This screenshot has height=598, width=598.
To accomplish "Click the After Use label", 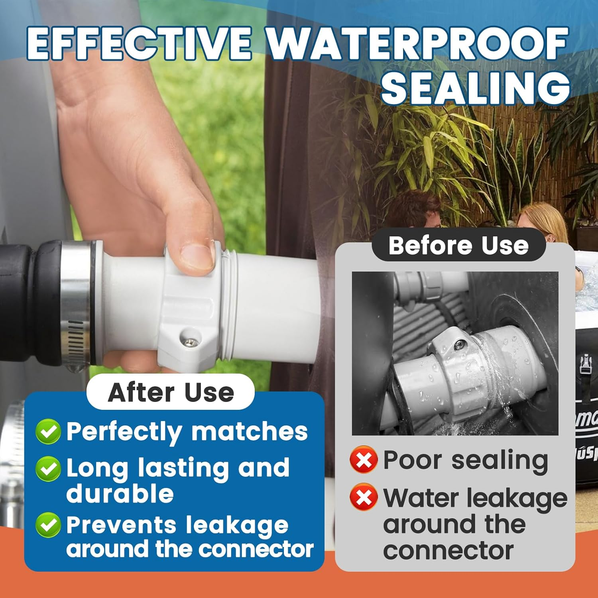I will [171, 392].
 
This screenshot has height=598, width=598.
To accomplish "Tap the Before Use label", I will [458, 245].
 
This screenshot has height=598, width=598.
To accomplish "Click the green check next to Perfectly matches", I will [48, 431].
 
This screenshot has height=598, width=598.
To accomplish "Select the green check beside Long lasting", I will [48, 468].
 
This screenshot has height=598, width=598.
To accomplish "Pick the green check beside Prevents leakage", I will [48, 525].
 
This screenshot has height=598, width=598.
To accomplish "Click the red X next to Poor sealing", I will [364, 460].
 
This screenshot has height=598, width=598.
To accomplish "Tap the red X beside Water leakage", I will [364, 497].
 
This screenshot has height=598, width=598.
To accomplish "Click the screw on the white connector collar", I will [191, 342].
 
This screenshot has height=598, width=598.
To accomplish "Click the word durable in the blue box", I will [120, 494].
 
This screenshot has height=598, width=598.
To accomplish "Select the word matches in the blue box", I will [249, 431].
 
